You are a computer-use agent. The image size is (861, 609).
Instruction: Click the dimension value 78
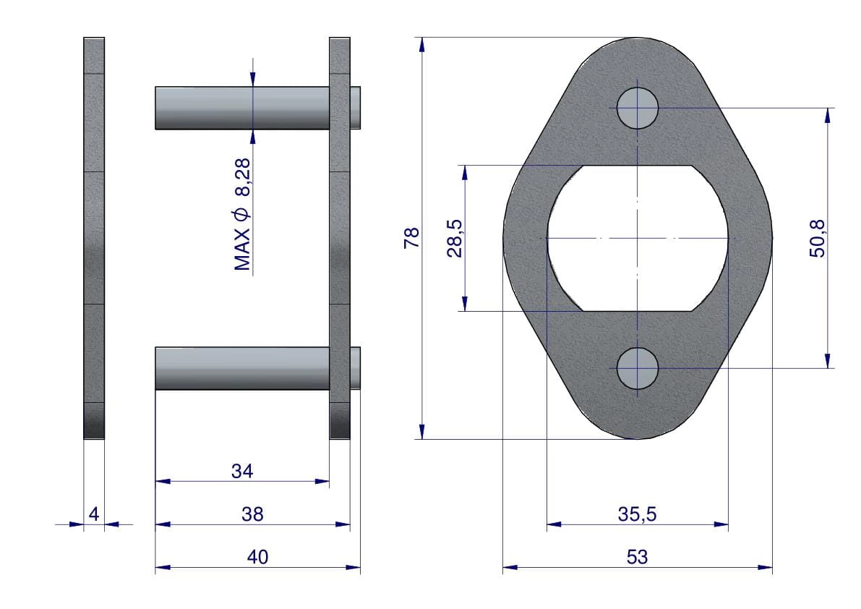pos(411,238)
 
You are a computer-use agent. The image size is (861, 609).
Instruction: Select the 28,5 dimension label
pos(455,239)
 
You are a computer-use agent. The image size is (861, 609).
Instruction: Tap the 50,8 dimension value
pos(817,239)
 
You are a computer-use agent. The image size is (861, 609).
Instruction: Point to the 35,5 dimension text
pos(637,514)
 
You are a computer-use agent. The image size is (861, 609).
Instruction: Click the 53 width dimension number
pos(637,557)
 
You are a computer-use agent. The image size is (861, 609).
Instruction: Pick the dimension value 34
pos(242,471)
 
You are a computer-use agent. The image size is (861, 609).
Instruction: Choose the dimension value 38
pos(252,514)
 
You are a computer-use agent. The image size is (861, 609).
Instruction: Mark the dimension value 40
pos(257,557)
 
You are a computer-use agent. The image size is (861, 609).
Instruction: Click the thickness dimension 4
pos(94,514)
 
